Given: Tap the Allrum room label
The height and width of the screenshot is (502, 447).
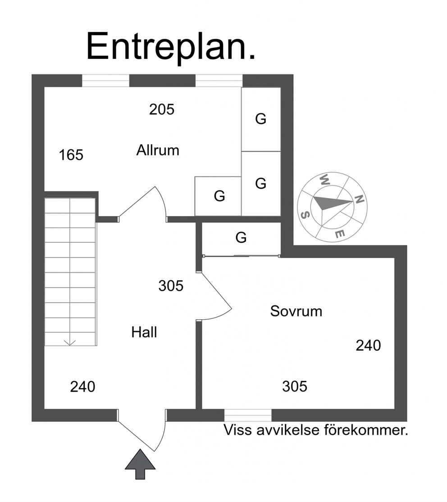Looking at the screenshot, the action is (x=158, y=150).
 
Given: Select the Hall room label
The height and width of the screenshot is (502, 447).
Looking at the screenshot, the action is (x=144, y=332).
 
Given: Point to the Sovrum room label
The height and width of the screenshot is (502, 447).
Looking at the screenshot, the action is (x=296, y=311).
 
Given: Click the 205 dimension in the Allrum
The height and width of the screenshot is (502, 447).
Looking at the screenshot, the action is (x=161, y=109).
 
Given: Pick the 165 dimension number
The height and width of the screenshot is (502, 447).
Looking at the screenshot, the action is (x=71, y=155).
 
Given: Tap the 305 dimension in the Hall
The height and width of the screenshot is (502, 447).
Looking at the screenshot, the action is (x=171, y=285).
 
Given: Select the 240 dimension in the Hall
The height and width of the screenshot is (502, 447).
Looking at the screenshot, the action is (x=82, y=387).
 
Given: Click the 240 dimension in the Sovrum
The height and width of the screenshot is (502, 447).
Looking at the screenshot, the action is (x=368, y=345).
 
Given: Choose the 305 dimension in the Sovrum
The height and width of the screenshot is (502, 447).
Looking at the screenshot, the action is (x=295, y=386).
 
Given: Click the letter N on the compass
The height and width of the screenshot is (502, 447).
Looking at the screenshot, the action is (x=359, y=199).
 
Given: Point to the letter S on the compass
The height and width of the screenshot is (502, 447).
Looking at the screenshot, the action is (x=305, y=215).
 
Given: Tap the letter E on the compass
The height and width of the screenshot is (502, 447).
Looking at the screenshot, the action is (x=340, y=234).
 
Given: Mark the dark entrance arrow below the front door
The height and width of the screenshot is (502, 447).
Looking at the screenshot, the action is (x=140, y=464).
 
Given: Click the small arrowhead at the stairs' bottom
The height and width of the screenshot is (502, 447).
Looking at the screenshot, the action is (x=70, y=343).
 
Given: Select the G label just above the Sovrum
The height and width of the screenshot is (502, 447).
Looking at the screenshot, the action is (x=241, y=238).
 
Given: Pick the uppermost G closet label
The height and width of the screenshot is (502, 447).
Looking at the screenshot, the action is (x=260, y=119).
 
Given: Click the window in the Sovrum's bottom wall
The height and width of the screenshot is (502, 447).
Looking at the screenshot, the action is (x=248, y=415).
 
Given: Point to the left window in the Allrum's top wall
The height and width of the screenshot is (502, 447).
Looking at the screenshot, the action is (x=106, y=81).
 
